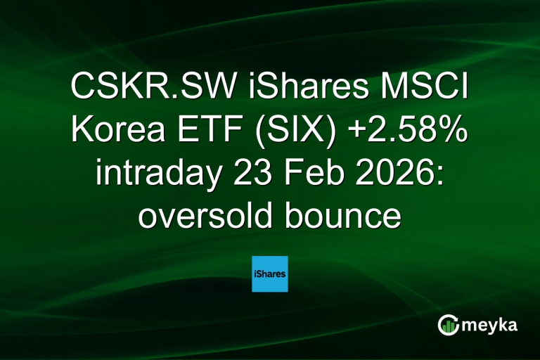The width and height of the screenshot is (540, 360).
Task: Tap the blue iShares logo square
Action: point(270,274)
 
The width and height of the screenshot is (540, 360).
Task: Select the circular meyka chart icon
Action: point(447,325)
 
